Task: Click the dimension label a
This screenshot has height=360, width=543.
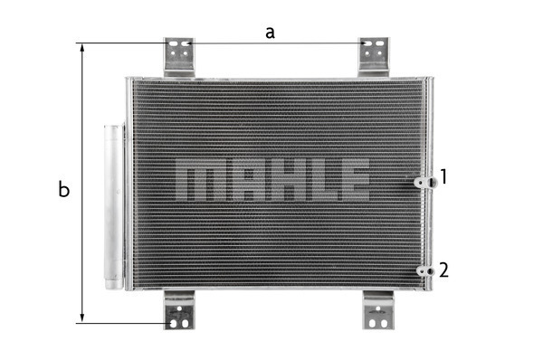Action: tap(270, 33)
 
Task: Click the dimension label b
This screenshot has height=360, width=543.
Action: tap(63, 189)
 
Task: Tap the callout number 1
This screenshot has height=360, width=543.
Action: tap(443, 176)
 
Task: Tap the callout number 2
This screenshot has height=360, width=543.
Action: tap(443, 270)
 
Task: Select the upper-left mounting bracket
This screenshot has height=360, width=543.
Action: tap(179, 57)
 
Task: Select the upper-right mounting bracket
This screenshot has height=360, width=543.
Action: tap(374, 57)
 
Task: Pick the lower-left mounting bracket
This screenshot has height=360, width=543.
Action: tap(179, 310)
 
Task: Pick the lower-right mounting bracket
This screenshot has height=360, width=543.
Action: tap(378, 310)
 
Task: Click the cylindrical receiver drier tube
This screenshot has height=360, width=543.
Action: tap(114, 207)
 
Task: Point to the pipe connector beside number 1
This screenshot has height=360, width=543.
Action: tap(425, 183)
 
